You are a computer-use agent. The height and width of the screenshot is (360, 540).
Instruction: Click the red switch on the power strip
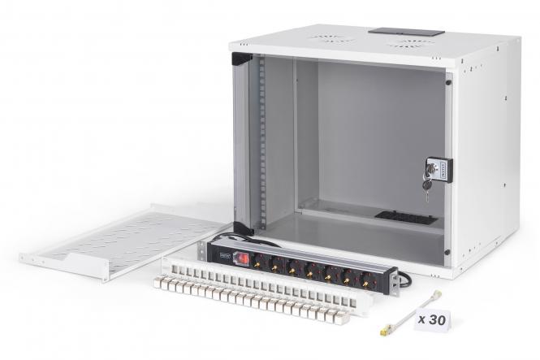tap(241, 258)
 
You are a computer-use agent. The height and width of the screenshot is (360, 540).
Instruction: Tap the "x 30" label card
tap(431, 319)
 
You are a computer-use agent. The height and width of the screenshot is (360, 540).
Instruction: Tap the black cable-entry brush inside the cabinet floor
tap(405, 218)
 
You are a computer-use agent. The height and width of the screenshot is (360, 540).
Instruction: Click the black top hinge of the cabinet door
tap(241, 59)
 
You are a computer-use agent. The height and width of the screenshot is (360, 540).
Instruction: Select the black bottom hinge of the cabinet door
tap(241, 229)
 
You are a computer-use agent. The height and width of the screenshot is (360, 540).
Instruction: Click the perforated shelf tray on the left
tap(123, 242)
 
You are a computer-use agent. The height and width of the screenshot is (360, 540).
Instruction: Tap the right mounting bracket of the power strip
tap(393, 281)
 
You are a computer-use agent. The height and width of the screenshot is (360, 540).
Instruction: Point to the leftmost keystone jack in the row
tap(161, 283)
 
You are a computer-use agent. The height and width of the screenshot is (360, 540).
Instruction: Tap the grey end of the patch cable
tap(437, 296)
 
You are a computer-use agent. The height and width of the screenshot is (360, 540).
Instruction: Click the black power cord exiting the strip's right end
tap(404, 278)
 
